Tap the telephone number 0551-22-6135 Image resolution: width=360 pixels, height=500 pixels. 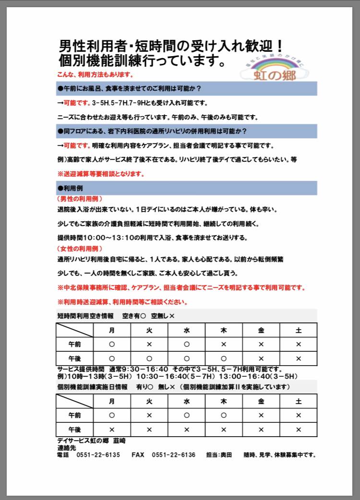pyautogui.click(x=98, y=455)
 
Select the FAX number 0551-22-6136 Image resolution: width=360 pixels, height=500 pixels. pyautogui.click(x=173, y=455)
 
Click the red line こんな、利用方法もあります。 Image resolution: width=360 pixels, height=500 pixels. pyautogui.click(x=95, y=75)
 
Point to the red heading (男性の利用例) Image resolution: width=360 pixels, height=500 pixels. pyautogui.click(x=79, y=198)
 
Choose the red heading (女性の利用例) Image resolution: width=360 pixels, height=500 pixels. pyautogui.click(x=79, y=249)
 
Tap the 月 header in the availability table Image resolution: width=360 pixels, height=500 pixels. pyautogui.click(x=112, y=331)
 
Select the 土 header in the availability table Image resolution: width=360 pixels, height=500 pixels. pyautogui.click(x=298, y=331)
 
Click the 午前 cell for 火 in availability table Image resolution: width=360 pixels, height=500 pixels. pyautogui.click(x=149, y=344)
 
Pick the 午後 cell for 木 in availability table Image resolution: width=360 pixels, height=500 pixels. pyautogui.click(x=224, y=358)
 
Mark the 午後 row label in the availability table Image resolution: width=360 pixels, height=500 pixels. pyautogui.click(x=74, y=358)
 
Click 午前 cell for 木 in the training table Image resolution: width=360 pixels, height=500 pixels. pyautogui.click(x=224, y=415)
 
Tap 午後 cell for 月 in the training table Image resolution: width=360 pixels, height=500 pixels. pyautogui.click(x=112, y=429)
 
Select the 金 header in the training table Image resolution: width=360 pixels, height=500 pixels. pyautogui.click(x=261, y=401)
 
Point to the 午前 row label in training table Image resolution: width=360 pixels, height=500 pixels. pyautogui.click(x=74, y=415)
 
